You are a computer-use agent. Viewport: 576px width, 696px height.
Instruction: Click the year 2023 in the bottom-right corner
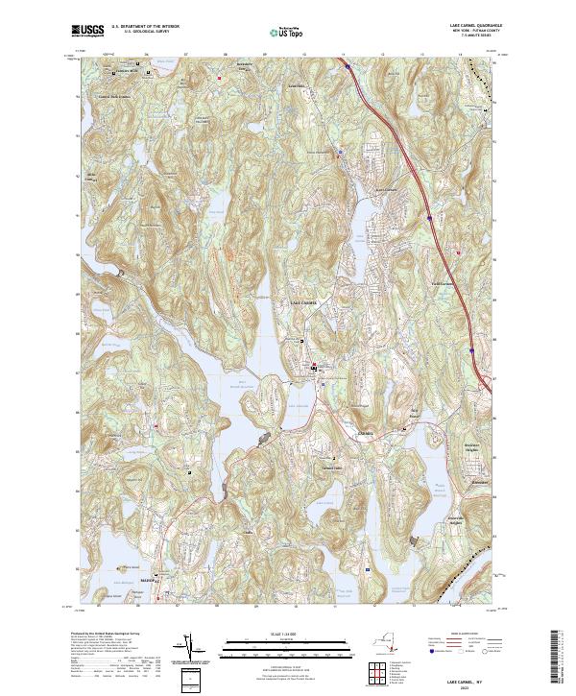(464, 687)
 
